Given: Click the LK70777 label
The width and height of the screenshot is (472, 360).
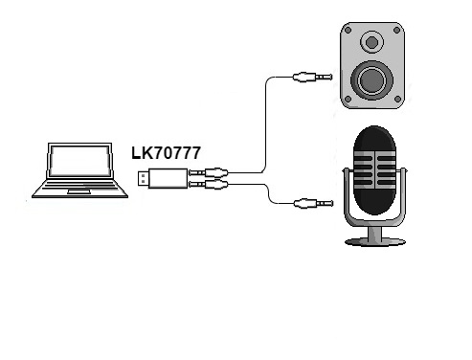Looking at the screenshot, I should coord(166,151).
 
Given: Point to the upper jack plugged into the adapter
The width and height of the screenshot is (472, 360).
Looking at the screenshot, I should coord(208,172).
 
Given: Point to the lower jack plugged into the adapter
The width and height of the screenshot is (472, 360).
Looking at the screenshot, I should coord(208,183).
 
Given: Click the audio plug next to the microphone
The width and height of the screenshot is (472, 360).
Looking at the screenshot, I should coord(310,203).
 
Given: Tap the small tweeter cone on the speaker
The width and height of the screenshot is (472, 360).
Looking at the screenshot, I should coord(371,42).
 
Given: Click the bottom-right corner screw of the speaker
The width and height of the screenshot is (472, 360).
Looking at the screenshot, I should coord(394,100).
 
